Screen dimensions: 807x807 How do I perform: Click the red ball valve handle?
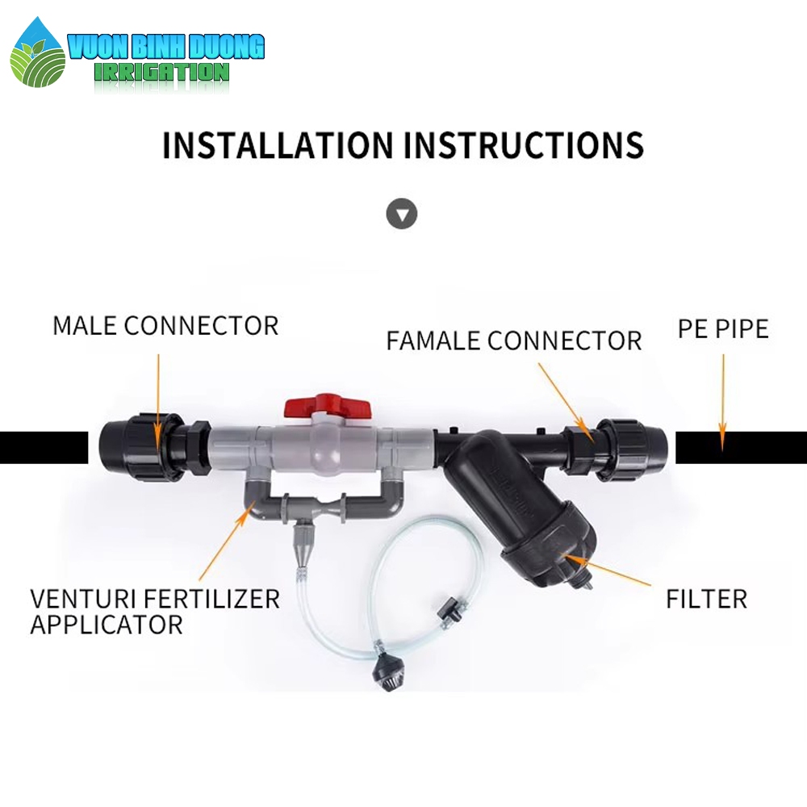[328, 404]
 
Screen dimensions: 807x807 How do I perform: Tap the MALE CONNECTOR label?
[165, 326]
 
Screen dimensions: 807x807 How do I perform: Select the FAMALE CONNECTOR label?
[513, 341]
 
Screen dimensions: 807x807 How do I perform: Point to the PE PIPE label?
[723, 329]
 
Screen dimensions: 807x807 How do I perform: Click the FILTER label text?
[706, 599]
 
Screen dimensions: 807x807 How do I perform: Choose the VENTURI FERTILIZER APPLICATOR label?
[155, 612]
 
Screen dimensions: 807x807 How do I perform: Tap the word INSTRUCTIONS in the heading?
[524, 145]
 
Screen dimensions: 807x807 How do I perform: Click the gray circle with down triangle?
[401, 214]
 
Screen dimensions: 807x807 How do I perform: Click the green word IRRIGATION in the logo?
[161, 73]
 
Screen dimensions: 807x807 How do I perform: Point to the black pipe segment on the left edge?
[44, 447]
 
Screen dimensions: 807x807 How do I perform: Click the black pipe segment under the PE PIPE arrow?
[741, 447]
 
